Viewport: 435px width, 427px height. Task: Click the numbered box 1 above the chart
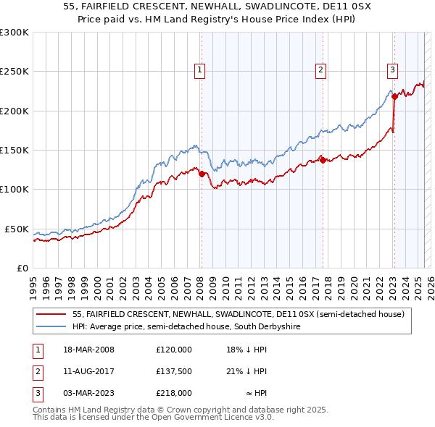pyautogui.click(x=199, y=70)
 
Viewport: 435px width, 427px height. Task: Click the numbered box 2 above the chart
pyautogui.click(x=320, y=70)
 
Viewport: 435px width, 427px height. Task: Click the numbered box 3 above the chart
pyautogui.click(x=392, y=70)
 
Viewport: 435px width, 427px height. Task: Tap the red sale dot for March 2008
pyautogui.click(x=202, y=174)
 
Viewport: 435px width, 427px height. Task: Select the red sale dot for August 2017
pyautogui.click(x=323, y=160)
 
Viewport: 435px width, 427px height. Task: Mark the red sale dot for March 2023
pyautogui.click(x=394, y=96)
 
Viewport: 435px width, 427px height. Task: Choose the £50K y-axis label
pyautogui.click(x=17, y=229)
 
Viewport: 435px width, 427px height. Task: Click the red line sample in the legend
pyautogui.click(x=51, y=314)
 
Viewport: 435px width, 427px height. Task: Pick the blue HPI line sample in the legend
pyautogui.click(x=51, y=326)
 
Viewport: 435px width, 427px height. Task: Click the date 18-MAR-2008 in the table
pyautogui.click(x=88, y=350)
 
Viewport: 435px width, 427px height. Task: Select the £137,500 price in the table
pyautogui.click(x=174, y=371)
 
